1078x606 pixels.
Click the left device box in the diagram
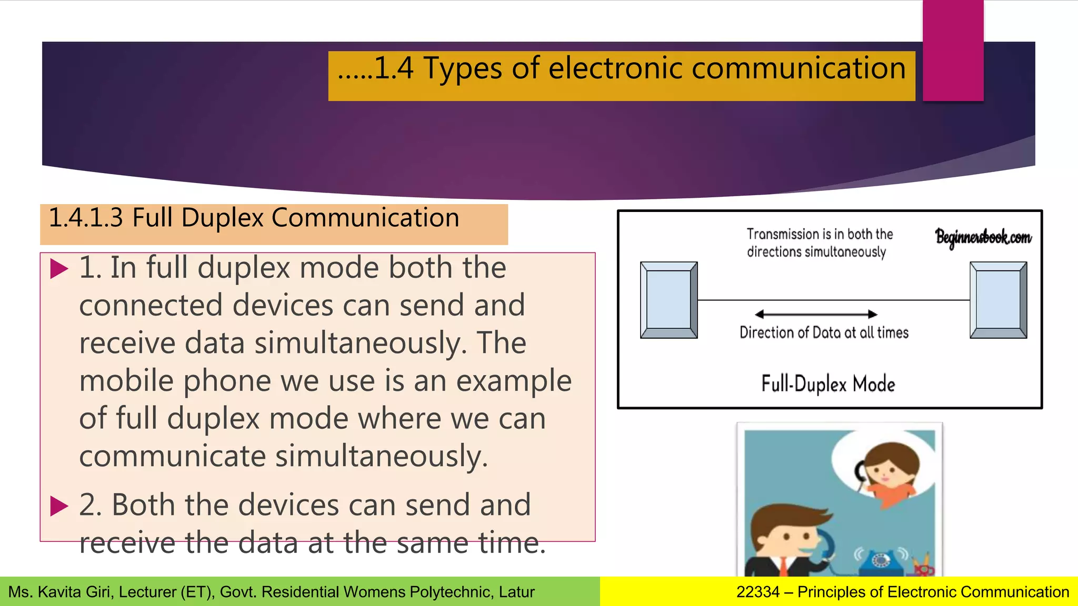(x=668, y=300)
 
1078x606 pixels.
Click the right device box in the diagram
(x=998, y=300)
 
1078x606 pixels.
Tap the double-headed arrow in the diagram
(x=816, y=314)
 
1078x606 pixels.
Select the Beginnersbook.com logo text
(x=983, y=238)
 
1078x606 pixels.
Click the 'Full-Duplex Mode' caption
(x=828, y=384)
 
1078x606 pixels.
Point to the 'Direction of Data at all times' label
(x=824, y=332)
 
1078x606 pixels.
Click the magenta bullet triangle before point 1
(x=59, y=269)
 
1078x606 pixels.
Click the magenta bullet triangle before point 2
(x=59, y=506)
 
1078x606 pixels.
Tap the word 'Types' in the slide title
(x=462, y=69)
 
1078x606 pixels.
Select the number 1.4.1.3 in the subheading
(x=86, y=218)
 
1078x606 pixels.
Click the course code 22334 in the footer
(x=757, y=592)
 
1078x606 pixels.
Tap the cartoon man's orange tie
(x=784, y=567)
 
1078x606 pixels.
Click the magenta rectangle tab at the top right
(x=953, y=50)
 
